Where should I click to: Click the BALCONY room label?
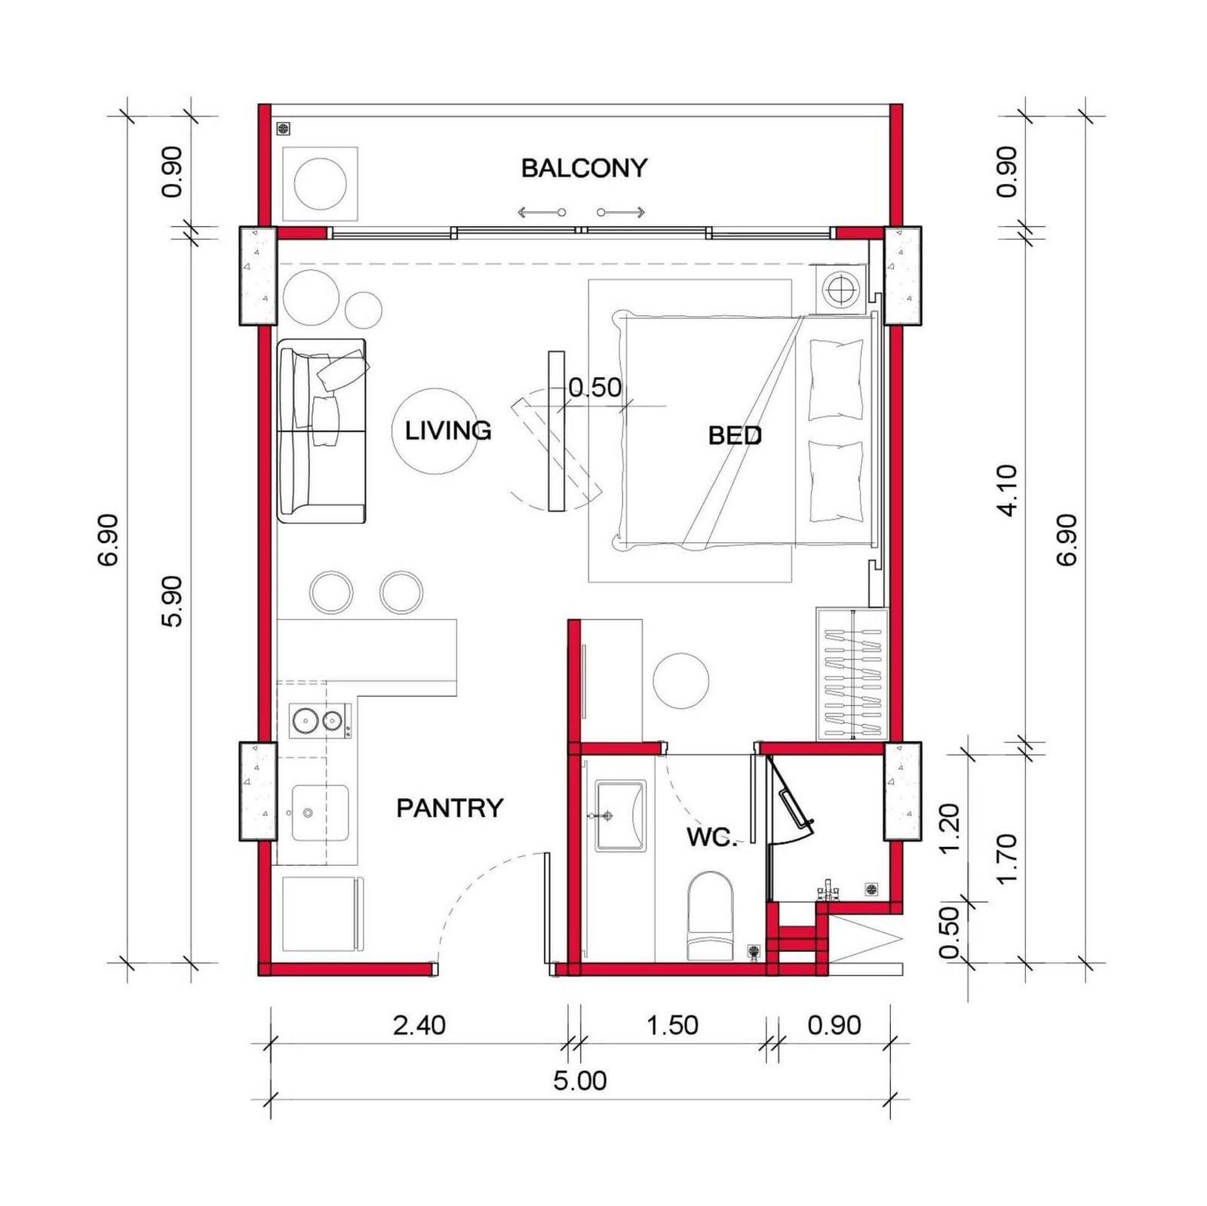pos(584,167)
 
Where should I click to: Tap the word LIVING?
pos(448,431)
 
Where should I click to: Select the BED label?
pos(735,435)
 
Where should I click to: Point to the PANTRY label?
pos(450,808)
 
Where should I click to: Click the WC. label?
pos(712,836)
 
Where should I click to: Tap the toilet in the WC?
pos(710,916)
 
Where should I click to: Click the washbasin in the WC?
pos(620,815)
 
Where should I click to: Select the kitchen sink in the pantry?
pos(320,812)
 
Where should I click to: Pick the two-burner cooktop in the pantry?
pos(320,721)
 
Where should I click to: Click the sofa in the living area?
pos(322,431)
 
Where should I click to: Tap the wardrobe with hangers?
pos(851,674)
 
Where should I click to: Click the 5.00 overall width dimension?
pos(579,1081)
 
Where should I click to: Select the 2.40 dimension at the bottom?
pos(419,1025)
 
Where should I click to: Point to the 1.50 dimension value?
pos(673,1025)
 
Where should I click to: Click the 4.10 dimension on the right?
pos(1007,490)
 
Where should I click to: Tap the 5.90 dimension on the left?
pos(173,601)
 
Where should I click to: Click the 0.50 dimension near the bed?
pos(595,388)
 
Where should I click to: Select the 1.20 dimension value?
pos(950,829)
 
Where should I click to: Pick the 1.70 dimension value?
pos(1007,859)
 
